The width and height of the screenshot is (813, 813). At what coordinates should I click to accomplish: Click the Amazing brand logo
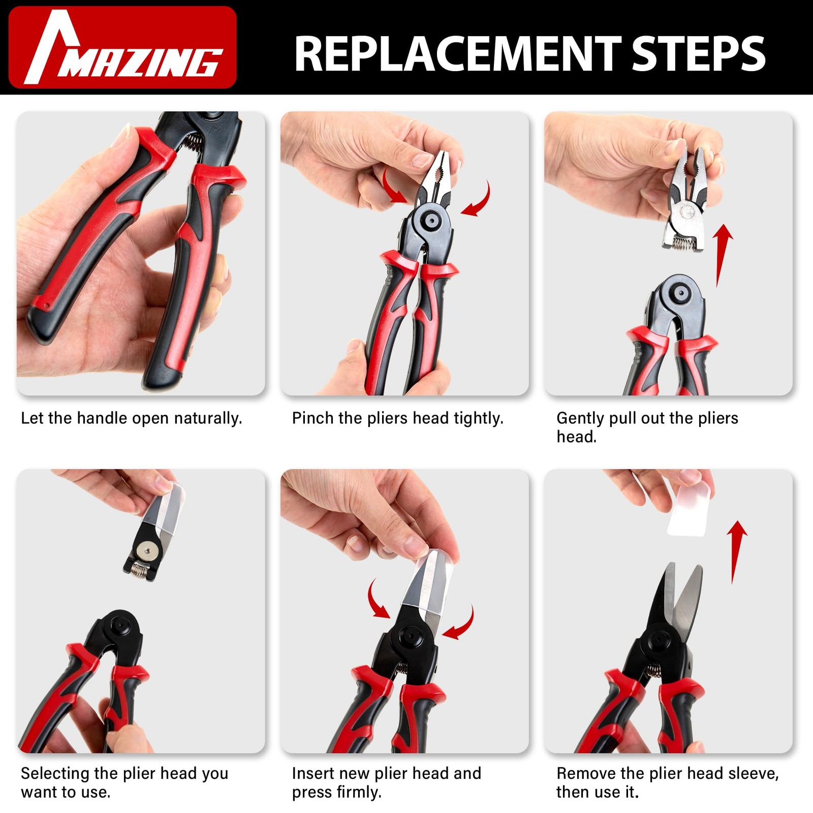click(x=122, y=47)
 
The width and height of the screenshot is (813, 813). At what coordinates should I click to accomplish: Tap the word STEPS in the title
click(x=699, y=54)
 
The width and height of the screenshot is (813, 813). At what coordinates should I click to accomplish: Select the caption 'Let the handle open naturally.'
click(x=132, y=418)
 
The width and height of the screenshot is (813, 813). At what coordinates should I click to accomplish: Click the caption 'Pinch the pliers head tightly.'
click(x=398, y=418)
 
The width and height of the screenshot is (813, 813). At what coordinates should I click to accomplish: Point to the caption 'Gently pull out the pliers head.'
click(x=647, y=427)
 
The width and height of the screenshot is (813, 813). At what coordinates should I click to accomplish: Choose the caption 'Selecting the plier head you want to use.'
click(x=124, y=783)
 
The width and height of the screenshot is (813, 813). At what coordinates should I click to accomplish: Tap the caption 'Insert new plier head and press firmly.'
click(x=387, y=783)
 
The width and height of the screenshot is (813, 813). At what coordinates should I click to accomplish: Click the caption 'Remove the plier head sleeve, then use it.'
click(x=668, y=783)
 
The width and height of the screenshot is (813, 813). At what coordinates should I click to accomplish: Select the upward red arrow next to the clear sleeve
click(x=736, y=553)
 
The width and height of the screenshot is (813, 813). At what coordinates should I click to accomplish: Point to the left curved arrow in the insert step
click(x=377, y=600)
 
